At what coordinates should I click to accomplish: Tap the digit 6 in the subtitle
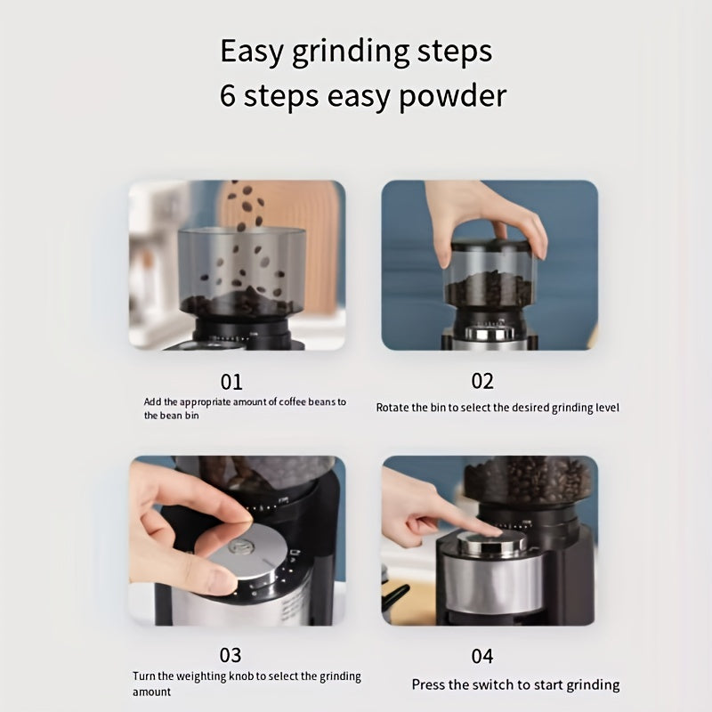tap(228, 95)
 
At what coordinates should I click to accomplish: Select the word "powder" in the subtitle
tap(452, 96)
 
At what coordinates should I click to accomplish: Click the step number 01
tap(231, 382)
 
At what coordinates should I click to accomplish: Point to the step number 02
tap(482, 381)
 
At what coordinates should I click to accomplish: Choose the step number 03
tap(231, 655)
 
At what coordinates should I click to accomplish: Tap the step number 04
tap(481, 656)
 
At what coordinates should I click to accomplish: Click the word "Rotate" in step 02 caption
tap(392, 408)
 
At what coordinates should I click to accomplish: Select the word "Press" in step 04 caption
tap(428, 684)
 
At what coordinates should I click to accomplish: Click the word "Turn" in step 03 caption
tap(144, 676)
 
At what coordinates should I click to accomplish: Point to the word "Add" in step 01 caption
tap(152, 402)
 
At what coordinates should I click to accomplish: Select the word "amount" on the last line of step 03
tap(151, 692)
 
